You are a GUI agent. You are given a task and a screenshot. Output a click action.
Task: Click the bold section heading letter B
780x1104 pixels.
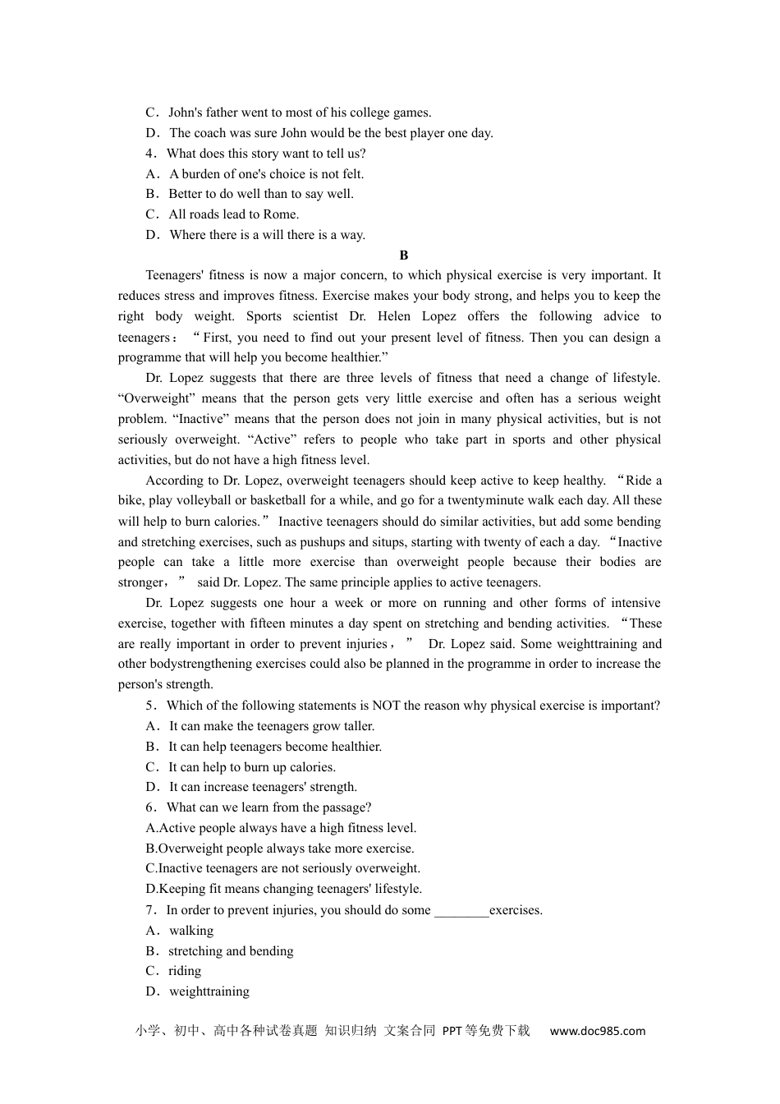pyautogui.click(x=403, y=255)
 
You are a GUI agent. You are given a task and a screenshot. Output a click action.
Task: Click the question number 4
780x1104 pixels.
pyautogui.click(x=149, y=154)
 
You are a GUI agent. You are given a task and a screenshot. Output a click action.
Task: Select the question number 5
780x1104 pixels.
pyautogui.click(x=149, y=706)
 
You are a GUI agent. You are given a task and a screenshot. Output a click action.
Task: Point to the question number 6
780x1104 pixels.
pyautogui.click(x=149, y=807)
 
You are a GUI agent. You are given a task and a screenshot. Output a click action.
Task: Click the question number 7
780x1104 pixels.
pyautogui.click(x=149, y=910)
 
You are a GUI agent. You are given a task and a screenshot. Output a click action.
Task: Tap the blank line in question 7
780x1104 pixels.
pyautogui.click(x=461, y=911)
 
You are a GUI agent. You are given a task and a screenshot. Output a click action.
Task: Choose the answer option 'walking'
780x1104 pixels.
pyautogui.click(x=190, y=931)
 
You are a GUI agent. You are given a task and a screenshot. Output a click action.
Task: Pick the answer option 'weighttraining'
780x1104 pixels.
pyautogui.click(x=209, y=991)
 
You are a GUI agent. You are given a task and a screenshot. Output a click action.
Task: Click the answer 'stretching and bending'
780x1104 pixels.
pyautogui.click(x=231, y=951)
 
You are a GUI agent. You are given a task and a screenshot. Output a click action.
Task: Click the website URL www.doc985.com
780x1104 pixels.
pyautogui.click(x=597, y=1031)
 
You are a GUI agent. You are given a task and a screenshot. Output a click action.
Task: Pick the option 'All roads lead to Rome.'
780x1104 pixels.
pyautogui.click(x=233, y=214)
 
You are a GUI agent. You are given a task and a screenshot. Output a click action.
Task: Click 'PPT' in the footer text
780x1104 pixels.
pyautogui.click(x=452, y=1031)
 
